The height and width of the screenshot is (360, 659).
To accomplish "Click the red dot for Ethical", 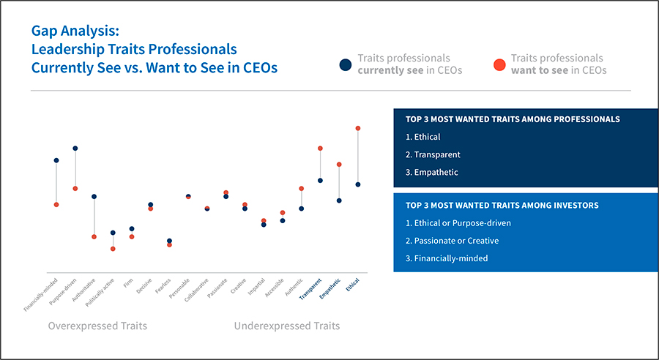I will (x=358, y=129).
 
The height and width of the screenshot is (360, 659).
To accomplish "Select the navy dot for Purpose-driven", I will (x=75, y=149).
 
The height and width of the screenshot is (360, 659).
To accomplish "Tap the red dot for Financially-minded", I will (x=56, y=204).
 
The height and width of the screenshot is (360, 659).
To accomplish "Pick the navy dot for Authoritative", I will (x=94, y=196).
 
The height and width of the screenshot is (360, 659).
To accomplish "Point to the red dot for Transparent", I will (x=320, y=149).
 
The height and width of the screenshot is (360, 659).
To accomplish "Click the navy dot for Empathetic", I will (x=339, y=200).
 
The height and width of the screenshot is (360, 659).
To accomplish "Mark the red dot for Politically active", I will (x=113, y=249).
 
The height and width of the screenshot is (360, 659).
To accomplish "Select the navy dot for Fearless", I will (x=169, y=240).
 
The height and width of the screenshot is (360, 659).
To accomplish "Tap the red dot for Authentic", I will (x=301, y=188).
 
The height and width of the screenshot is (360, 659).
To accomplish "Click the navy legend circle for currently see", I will (x=345, y=64).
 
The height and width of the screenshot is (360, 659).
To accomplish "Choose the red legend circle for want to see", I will (x=499, y=64).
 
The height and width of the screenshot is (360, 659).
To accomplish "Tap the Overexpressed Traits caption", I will (x=97, y=326).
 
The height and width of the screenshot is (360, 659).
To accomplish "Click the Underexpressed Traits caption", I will (x=286, y=326).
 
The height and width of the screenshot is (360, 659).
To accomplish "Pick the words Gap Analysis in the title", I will (x=75, y=31).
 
